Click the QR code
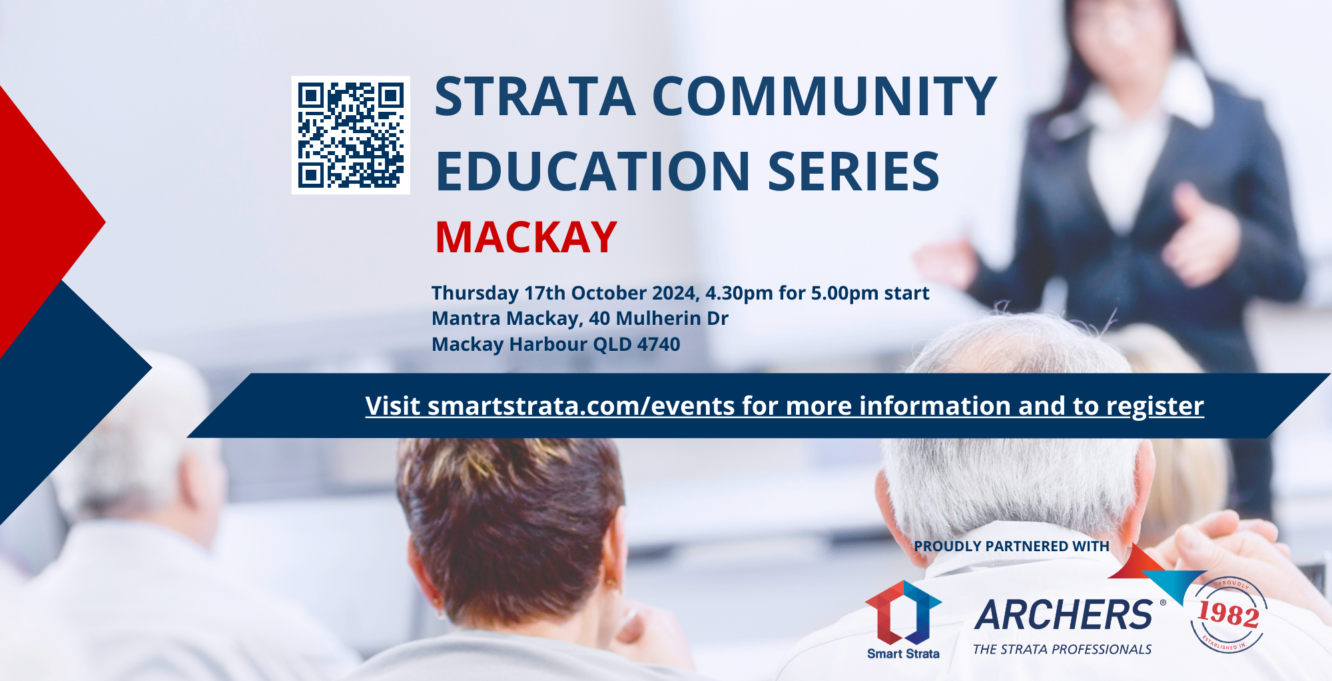[351, 135]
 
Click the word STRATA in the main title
[535, 97]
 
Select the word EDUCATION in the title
[593, 171]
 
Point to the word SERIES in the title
[854, 171]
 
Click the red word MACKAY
[526, 237]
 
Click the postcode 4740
[659, 344]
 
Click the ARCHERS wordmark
[1064, 614]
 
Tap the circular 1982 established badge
[1229, 614]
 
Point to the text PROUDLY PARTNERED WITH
[1012, 547]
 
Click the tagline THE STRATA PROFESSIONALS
[1062, 650]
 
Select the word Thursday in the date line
[475, 294]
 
